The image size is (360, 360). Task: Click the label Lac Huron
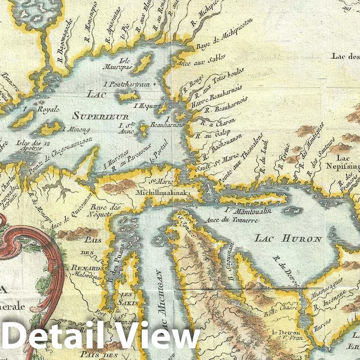coord(289,238)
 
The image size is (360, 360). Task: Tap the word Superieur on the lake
coord(100,117)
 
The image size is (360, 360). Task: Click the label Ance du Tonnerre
coord(232,220)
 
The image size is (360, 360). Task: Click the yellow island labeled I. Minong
coord(50,128)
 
